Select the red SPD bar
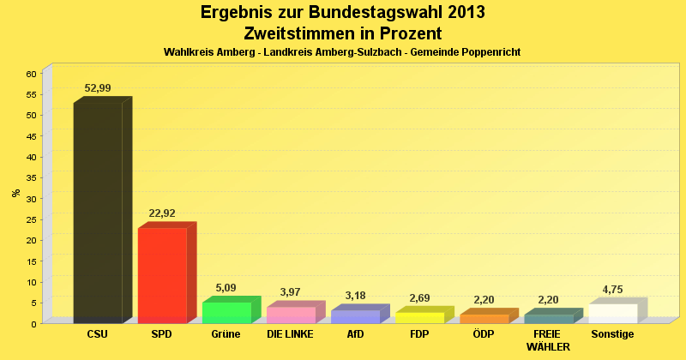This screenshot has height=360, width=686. click(x=162, y=275)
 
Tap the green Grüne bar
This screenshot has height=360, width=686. click(x=226, y=313)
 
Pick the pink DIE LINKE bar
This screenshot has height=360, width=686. click(x=291, y=315)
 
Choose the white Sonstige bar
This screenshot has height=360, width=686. click(x=612, y=314)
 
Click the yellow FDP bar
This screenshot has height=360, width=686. click(x=419, y=318)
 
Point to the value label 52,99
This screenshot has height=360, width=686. click(x=98, y=88)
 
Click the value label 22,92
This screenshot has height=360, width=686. click(x=162, y=213)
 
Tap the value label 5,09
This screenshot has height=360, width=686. click(x=226, y=288)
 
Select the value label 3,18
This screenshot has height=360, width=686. click(x=355, y=296)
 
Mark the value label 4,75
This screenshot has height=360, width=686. click(x=612, y=289)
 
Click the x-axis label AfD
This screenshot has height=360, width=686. click(x=355, y=333)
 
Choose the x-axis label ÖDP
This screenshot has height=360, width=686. click(x=484, y=333)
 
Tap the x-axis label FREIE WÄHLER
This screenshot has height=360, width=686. click(x=548, y=339)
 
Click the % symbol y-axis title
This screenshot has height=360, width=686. click(x=16, y=193)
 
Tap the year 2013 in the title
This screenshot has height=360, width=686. click(x=460, y=13)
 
